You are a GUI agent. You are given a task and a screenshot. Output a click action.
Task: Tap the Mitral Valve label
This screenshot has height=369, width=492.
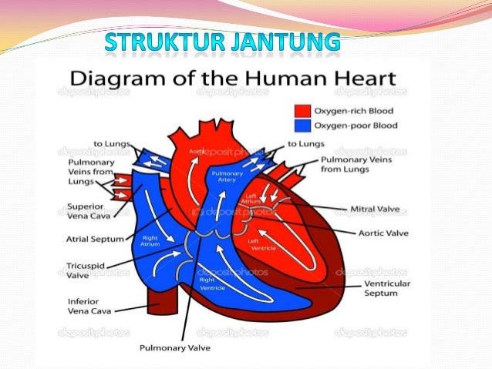375,209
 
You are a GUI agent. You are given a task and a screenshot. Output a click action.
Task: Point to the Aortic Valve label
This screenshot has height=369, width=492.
382,232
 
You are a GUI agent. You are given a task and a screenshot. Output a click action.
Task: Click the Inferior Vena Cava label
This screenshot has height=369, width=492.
89,306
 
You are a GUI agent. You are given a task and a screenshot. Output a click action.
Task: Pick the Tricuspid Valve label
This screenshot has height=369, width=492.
79,270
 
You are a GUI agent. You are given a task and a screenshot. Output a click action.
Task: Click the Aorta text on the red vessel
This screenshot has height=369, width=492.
197,152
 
